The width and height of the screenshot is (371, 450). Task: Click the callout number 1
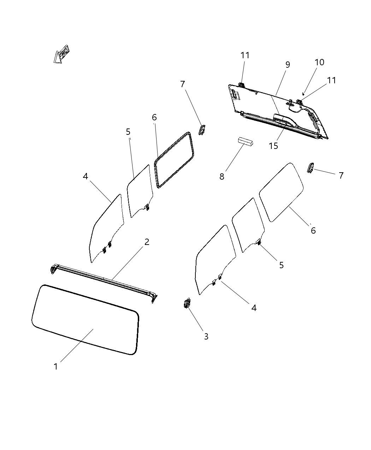click(55, 367)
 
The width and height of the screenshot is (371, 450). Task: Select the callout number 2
click(147, 242)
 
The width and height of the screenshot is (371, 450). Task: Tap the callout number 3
click(206, 337)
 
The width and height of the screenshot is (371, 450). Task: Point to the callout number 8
click(222, 177)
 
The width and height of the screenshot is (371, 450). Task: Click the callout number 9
click(288, 65)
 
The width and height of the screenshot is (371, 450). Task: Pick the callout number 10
click(319, 62)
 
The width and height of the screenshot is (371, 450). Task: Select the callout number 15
click(273, 146)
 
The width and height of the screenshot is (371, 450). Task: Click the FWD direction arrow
click(61, 54)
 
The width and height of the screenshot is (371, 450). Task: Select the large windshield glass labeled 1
click(85, 319)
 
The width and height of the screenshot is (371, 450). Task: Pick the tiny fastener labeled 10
click(304, 94)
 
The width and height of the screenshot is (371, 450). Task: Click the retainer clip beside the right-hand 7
click(311, 168)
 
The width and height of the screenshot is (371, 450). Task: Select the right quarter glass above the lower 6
click(282, 192)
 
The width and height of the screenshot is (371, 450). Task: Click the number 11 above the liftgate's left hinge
click(245, 55)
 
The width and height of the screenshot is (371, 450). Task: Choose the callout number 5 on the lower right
click(281, 265)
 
